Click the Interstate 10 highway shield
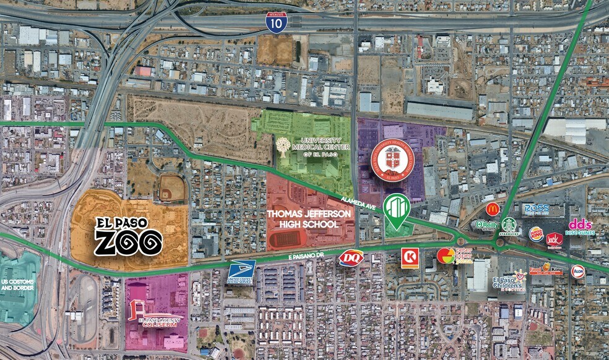(276, 22)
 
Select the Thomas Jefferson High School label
(310, 218)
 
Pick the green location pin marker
(396, 210)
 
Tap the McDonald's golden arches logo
(492, 208)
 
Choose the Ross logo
(535, 210)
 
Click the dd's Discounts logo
(580, 227)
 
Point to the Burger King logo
(536, 234)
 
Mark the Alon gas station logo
(578, 271)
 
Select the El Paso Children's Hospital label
(509, 284)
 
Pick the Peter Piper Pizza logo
(455, 255)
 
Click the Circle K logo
(409, 257)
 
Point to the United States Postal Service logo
(241, 273)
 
